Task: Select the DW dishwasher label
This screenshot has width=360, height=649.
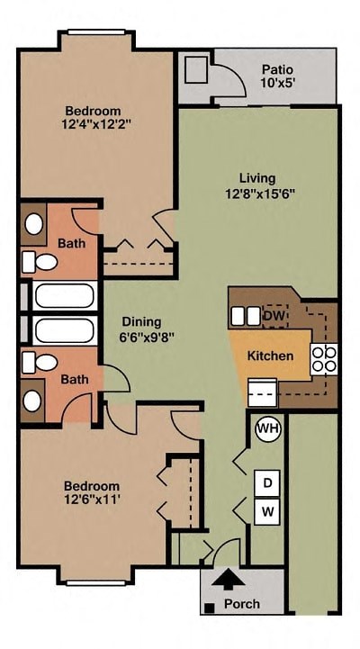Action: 273,316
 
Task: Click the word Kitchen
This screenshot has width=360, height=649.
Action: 270,356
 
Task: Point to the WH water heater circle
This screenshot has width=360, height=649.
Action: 267,429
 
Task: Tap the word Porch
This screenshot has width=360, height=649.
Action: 241,604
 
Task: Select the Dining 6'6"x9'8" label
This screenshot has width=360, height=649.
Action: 141,329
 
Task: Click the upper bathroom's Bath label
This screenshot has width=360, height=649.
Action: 71,243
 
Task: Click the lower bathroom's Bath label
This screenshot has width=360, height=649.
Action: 75,380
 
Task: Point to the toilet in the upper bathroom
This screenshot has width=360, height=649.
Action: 40,262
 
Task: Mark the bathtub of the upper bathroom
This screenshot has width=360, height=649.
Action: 63,295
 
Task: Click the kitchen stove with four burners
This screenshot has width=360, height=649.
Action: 324,359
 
